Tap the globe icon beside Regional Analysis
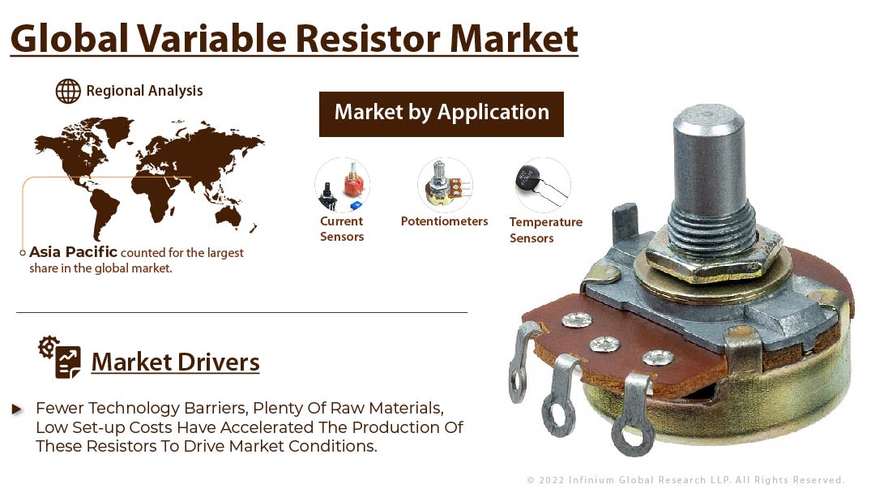pos(68,91)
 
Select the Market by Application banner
pos(442,114)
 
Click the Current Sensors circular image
pos(342,185)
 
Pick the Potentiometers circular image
pos(445,185)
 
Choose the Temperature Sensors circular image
pos(542,185)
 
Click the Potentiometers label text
pos(444,221)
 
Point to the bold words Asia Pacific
pos(73,252)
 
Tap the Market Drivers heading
pos(175,362)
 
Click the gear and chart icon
pos(60,358)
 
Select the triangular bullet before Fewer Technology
pos(17,409)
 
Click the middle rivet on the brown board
pos(604,344)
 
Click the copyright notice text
pos(685,480)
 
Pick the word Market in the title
pos(514,39)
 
